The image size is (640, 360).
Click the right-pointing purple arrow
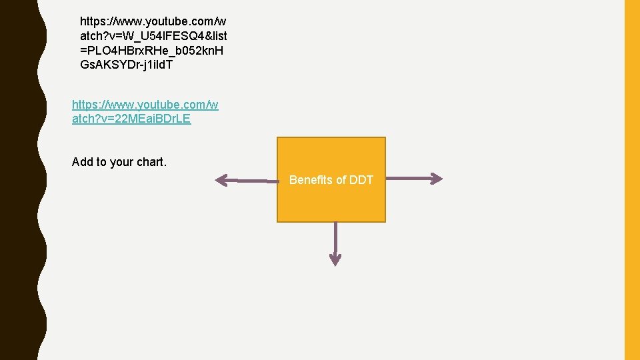pos(413,178)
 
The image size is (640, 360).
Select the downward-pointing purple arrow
pos(335,243)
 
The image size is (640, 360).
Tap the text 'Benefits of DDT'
pos(331,180)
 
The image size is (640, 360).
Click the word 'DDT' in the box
pos(361,180)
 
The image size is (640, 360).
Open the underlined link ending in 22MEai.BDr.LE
pos(131,119)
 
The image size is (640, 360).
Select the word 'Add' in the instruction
pos(83,162)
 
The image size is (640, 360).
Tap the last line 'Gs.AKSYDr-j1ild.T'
pos(126,64)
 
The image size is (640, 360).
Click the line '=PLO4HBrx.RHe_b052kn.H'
pos(152,49)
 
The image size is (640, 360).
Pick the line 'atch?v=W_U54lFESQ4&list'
pos(153,35)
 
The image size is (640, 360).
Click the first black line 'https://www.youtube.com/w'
pos(153,21)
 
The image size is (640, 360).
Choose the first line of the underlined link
pos(145,105)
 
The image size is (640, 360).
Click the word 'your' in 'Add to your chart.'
pos(121,162)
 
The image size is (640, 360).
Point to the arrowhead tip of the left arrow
pos(217,179)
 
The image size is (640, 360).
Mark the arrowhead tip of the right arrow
pos(441,178)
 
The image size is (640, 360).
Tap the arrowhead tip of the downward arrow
pos(335,264)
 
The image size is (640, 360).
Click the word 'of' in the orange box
pos(341,180)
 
